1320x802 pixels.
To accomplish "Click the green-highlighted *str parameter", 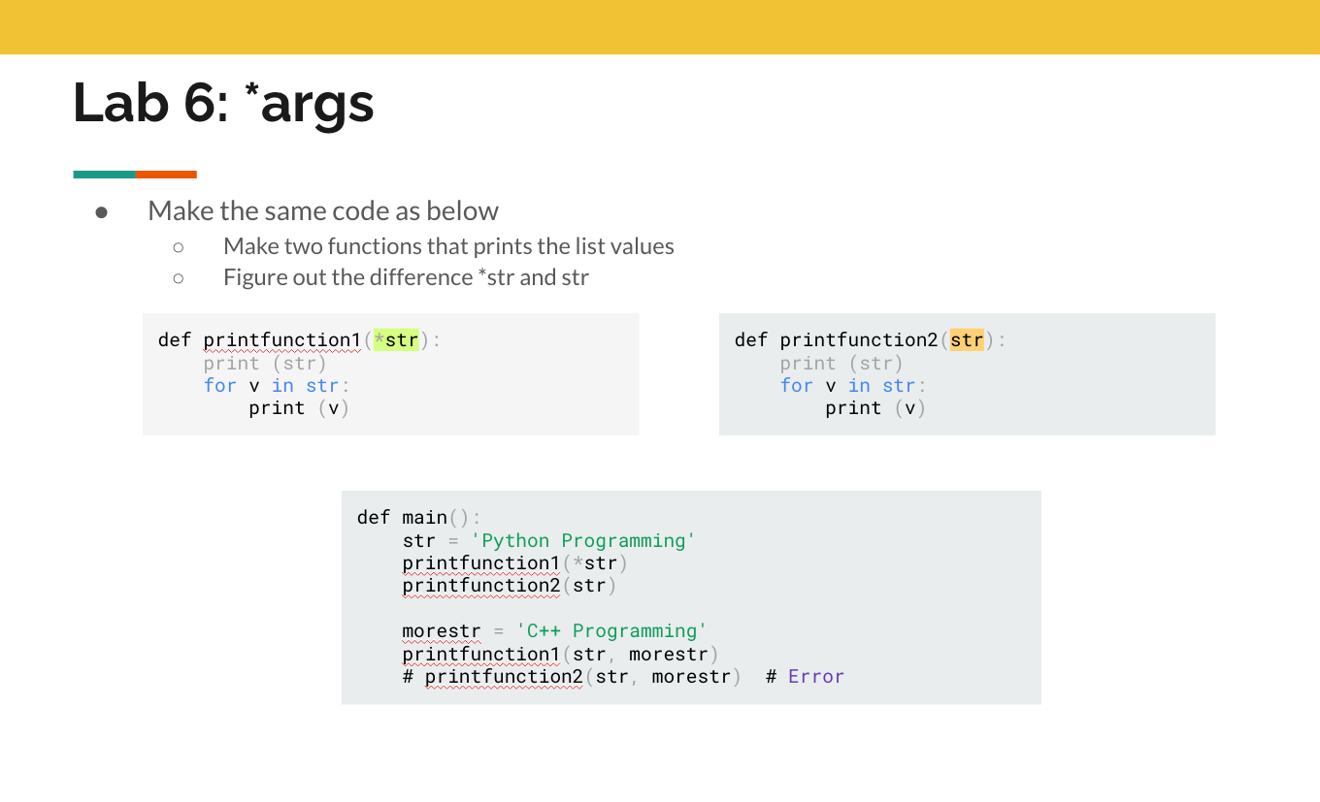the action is click(396, 339).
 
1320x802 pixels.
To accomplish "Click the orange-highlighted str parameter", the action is click(967, 339).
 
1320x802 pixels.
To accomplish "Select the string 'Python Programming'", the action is click(582, 540).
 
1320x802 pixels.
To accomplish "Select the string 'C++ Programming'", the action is click(611, 630).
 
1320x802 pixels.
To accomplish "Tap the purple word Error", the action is click(816, 677).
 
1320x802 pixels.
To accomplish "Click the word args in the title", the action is click(317, 105).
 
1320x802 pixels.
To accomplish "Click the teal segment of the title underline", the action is click(104, 175).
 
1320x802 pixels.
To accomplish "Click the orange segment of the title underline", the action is click(166, 175).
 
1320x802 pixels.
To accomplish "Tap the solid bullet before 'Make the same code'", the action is click(101, 212).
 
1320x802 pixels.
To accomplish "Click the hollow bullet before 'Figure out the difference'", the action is click(179, 278).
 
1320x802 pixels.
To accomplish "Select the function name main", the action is click(424, 518).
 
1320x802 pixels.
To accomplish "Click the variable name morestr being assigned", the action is click(442, 631).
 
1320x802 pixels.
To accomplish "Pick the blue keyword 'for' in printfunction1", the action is click(219, 386).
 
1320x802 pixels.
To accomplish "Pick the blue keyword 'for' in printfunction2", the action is click(796, 386).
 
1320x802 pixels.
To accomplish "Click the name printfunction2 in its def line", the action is click(859, 340).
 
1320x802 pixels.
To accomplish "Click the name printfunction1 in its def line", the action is click(282, 340).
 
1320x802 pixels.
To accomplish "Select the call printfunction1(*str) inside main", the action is click(514, 563).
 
